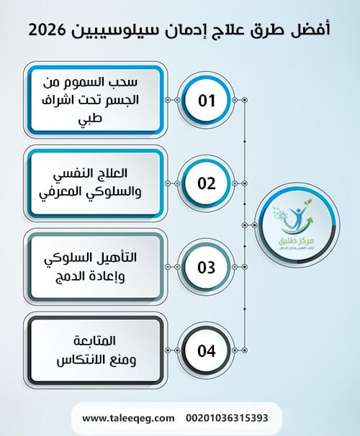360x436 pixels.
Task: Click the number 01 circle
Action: (x=207, y=100)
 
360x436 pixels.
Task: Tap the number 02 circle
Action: (x=207, y=183)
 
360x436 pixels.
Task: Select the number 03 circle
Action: (x=207, y=268)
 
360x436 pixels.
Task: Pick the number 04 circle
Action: (x=207, y=351)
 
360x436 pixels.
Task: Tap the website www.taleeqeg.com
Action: (x=128, y=417)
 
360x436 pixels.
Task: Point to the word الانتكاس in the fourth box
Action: (x=81, y=358)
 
